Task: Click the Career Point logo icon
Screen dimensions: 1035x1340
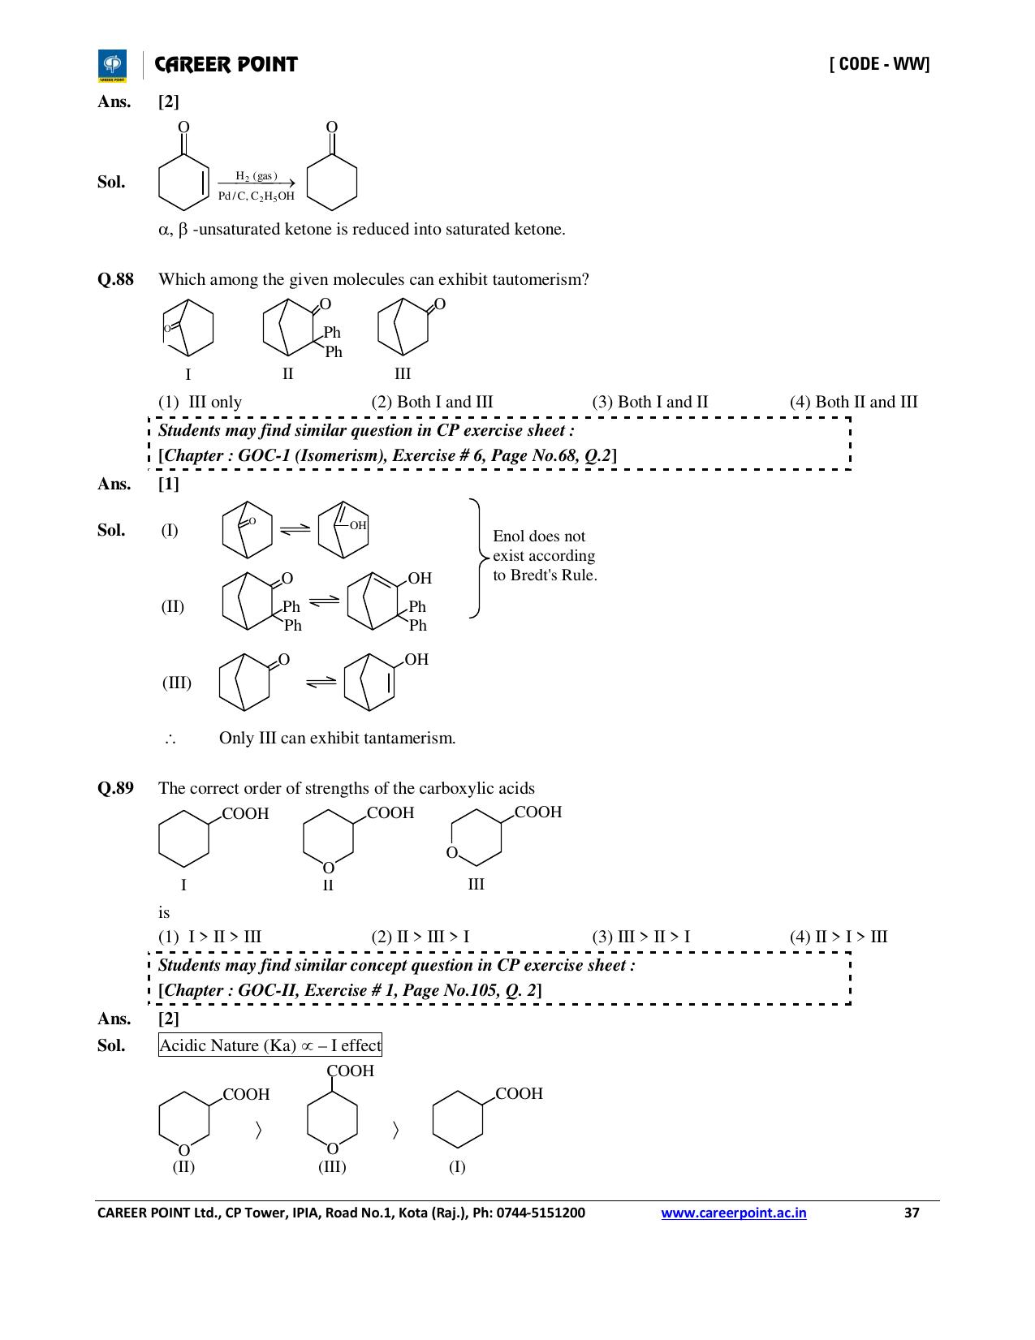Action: pyautogui.click(x=112, y=66)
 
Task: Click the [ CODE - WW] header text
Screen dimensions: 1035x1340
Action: pyautogui.click(x=880, y=64)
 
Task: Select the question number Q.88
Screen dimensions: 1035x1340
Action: pyautogui.click(x=115, y=279)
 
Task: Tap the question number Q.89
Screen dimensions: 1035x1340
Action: pyautogui.click(x=115, y=788)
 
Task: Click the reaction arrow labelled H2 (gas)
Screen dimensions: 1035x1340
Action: pyautogui.click(x=256, y=183)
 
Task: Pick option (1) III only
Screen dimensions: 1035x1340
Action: pyautogui.click(x=200, y=402)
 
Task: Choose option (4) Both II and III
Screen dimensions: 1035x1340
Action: pyautogui.click(x=854, y=402)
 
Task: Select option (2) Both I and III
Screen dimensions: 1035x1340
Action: pyautogui.click(x=432, y=402)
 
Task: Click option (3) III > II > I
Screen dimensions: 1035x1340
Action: pyautogui.click(x=640, y=937)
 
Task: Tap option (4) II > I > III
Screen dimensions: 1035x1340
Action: pyautogui.click(x=839, y=937)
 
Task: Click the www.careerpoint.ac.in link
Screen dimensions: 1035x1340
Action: pyautogui.click(x=733, y=1213)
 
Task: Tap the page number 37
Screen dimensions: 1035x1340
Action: pyautogui.click(x=912, y=1213)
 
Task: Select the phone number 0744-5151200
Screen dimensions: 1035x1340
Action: pyautogui.click(x=541, y=1213)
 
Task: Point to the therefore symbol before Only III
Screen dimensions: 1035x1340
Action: pyautogui.click(x=170, y=739)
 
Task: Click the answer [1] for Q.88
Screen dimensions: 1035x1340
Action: pyautogui.click(x=168, y=484)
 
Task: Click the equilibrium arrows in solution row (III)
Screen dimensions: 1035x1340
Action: pyautogui.click(x=321, y=682)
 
